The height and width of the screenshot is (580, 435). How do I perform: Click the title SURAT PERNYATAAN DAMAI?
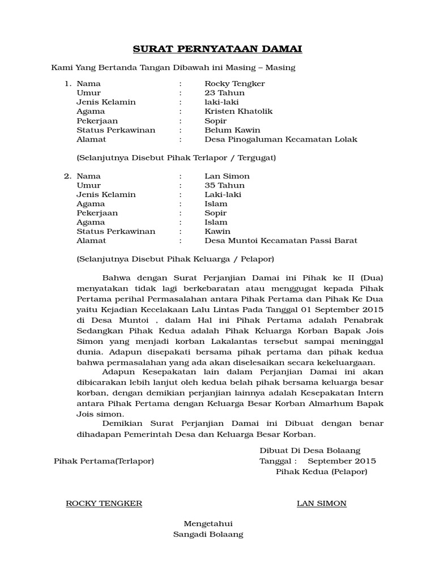pyautogui.click(x=217, y=49)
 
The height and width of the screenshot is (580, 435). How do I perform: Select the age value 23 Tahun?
pyautogui.click(x=224, y=93)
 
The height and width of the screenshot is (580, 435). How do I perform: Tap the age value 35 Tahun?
pyautogui.click(x=224, y=185)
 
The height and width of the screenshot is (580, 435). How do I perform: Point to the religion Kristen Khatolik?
pyautogui.click(x=238, y=112)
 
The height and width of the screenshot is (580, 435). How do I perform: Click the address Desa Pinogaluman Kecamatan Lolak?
pyautogui.click(x=281, y=139)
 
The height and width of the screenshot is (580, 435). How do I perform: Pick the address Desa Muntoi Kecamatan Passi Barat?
pyautogui.click(x=281, y=241)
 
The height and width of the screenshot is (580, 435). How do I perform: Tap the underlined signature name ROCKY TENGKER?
pyautogui.click(x=104, y=504)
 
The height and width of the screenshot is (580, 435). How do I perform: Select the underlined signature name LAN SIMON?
pyautogui.click(x=322, y=504)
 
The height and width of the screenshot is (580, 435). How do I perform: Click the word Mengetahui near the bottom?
pyautogui.click(x=208, y=524)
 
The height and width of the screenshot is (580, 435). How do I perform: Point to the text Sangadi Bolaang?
pyautogui.click(x=208, y=534)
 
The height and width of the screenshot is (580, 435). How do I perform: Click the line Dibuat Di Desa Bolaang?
pyautogui.click(x=310, y=451)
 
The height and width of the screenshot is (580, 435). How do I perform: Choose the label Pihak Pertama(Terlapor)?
pyautogui.click(x=104, y=461)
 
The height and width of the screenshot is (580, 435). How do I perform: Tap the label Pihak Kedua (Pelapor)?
pyautogui.click(x=321, y=471)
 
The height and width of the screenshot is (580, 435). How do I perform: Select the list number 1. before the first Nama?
pyautogui.click(x=67, y=84)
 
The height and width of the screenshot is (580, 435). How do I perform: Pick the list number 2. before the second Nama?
pyautogui.click(x=67, y=176)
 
